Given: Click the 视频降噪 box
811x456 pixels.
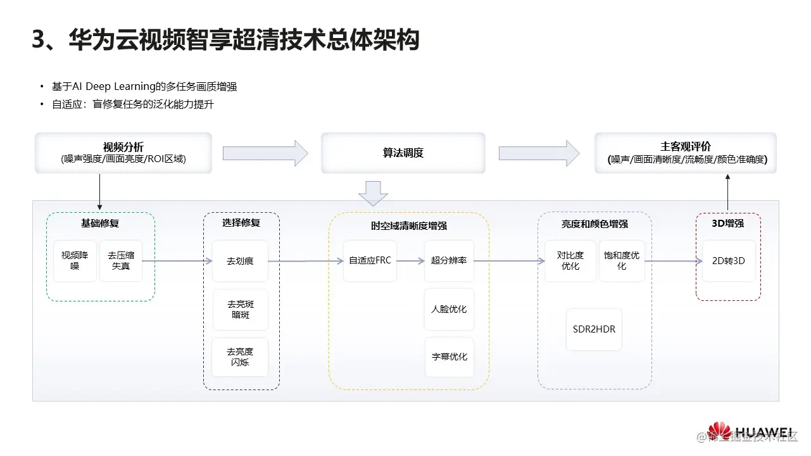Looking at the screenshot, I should pos(75,261).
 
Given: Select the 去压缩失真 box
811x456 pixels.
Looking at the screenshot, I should pos(121,261).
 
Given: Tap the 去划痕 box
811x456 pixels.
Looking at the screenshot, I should pos(240,261).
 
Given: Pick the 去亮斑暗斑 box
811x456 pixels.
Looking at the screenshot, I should pos(240,309).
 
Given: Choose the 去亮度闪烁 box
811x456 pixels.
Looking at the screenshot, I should pos(240,357).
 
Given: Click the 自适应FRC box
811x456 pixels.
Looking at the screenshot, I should pos(370,260).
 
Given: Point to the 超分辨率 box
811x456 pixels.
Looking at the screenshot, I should pos(449,260).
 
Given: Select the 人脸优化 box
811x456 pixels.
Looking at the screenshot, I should pos(449,309).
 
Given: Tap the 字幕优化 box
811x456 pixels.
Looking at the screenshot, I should pos(449,357).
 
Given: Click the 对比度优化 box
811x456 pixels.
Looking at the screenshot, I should pos(570,260).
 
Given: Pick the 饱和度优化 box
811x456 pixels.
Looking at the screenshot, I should pos(622,260).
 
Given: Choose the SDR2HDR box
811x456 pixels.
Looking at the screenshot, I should pos(594,329).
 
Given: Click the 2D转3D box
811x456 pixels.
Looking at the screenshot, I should pos(728,260).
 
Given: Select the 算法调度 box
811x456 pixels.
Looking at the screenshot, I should pos(403,153).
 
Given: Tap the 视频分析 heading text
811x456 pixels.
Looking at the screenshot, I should pos(123,147).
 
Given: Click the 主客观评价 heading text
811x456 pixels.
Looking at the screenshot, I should pos(685,147).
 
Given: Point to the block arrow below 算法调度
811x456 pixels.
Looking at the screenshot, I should pos(373,193).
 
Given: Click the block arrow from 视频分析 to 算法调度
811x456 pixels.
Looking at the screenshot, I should pos(265,153).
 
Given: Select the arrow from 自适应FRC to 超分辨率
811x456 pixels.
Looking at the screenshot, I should pos(410,260).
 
